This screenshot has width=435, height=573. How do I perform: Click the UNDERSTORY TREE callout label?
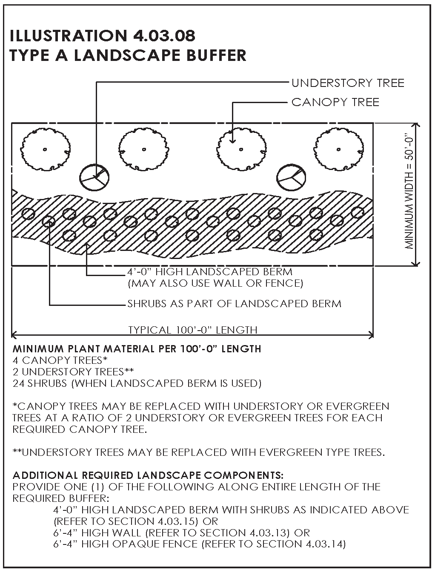(x=348, y=83)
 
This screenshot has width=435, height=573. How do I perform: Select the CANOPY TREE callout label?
(x=335, y=102)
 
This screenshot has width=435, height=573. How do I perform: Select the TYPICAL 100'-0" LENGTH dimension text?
(x=193, y=330)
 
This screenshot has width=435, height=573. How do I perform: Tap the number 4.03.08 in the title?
(x=164, y=36)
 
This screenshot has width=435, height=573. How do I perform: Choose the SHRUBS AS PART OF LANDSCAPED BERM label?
(x=234, y=304)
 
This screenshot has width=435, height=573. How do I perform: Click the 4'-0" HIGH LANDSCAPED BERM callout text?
(x=210, y=272)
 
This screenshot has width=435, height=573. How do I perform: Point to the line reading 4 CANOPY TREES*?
(x=60, y=360)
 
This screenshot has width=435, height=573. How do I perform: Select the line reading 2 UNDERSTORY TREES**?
(x=73, y=372)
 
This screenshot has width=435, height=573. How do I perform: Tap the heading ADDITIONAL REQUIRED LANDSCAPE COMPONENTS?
(x=148, y=475)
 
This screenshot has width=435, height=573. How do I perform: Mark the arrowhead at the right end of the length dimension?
(x=371, y=335)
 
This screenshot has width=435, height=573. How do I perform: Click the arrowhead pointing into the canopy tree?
(x=233, y=141)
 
